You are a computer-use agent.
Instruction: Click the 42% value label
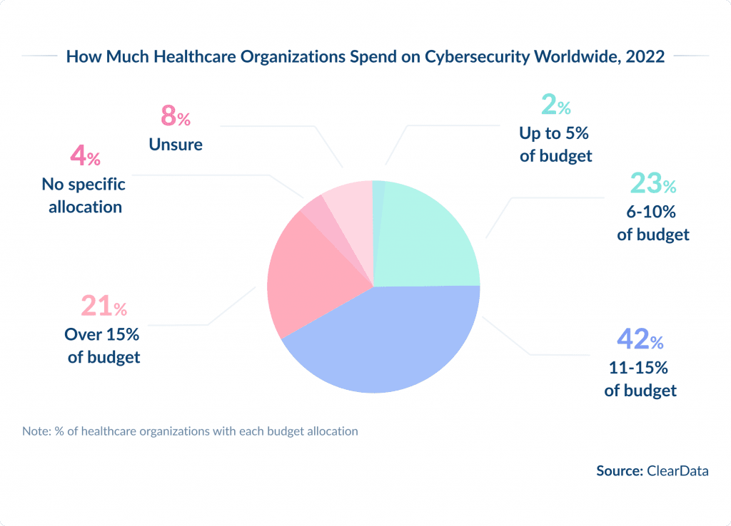pos(640,340)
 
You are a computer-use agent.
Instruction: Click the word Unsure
pos(176,145)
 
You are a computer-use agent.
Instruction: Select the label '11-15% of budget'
pos(640,380)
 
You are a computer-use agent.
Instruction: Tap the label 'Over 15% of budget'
pos(104,346)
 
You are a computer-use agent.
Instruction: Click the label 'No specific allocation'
pos(83,196)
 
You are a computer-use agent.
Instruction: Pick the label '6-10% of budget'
pos(653,223)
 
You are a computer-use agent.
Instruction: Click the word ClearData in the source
pos(677,470)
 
